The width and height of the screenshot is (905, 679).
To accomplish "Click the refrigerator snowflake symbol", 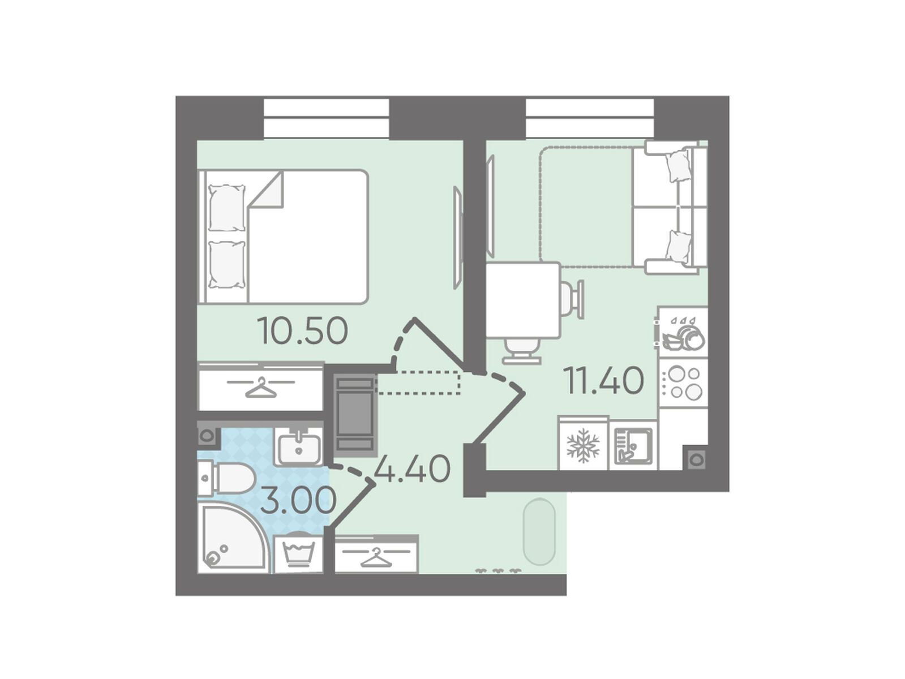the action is coord(582,445).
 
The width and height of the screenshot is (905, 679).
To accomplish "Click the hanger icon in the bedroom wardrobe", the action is coord(261,386).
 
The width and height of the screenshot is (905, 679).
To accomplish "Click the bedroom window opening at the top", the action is coord(327,118).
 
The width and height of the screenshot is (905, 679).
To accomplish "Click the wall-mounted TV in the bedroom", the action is coord(458,238).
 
